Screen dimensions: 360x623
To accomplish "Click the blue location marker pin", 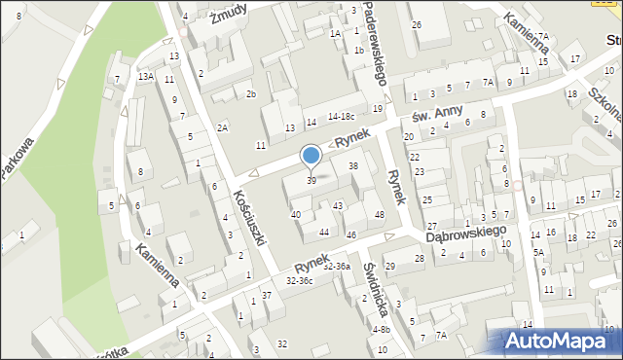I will [311, 156].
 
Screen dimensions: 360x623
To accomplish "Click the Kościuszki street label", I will [250, 216].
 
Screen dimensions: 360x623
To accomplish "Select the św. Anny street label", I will [434, 116].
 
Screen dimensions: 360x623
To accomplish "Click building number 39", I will [311, 181].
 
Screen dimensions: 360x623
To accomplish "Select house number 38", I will [353, 166].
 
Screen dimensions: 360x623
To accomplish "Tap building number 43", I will [338, 205].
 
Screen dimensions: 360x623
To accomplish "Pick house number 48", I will [380, 214].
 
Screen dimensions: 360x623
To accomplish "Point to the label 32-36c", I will [299, 280].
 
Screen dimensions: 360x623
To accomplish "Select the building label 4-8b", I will [381, 329].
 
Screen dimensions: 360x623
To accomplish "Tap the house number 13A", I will [146, 76].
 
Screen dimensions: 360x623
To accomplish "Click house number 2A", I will [223, 127].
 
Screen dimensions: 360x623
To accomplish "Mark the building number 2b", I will [250, 93].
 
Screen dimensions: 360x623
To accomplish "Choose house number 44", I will [324, 232].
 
